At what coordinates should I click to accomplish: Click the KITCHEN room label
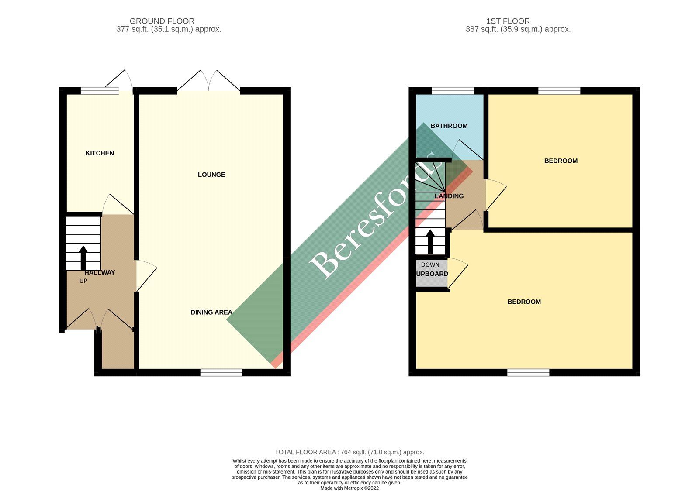click(100, 153)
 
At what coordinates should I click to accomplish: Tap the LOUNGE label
click(211, 175)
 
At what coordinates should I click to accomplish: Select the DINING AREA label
click(211, 312)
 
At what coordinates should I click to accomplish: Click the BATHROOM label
click(449, 126)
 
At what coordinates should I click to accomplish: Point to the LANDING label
click(449, 196)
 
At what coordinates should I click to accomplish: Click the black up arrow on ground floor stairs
click(83, 258)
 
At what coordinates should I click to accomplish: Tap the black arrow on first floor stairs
click(430, 242)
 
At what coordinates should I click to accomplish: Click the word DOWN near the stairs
click(430, 265)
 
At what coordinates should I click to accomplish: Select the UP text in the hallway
click(83, 281)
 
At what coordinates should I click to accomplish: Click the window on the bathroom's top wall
click(453, 91)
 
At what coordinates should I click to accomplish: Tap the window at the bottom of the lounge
click(221, 372)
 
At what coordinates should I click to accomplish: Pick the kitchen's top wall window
click(100, 91)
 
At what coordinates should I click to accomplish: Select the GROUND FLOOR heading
click(162, 21)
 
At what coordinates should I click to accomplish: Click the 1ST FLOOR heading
click(508, 21)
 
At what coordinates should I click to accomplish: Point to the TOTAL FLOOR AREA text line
click(349, 452)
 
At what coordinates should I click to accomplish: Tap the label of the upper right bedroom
click(561, 161)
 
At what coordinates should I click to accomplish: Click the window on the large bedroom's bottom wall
click(528, 372)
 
